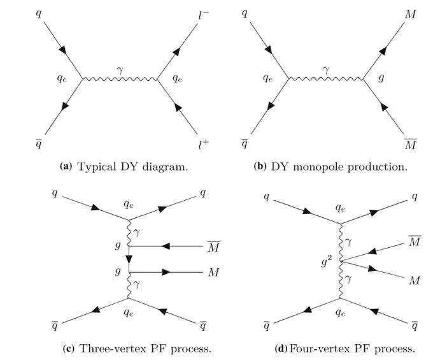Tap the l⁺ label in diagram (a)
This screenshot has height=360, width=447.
[x=204, y=145]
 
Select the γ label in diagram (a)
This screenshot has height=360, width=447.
[x=120, y=70]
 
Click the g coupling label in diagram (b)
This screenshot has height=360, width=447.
[x=381, y=78]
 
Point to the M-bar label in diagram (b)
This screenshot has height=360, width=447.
[x=411, y=145]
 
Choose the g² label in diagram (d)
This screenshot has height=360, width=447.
[x=327, y=261]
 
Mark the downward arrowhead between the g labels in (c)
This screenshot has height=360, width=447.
[x=129, y=259]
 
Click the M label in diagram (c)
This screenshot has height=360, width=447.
[x=213, y=273]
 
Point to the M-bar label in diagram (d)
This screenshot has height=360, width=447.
[x=415, y=241]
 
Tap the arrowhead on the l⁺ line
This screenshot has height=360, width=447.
[x=178, y=108]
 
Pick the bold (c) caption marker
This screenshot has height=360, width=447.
[x=68, y=349]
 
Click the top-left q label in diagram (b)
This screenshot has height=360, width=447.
[x=245, y=13]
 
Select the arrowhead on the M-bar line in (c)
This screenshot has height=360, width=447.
[x=166, y=246]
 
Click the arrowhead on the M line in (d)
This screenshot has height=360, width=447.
[x=372, y=268]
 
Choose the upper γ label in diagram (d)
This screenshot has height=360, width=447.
[x=348, y=242]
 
